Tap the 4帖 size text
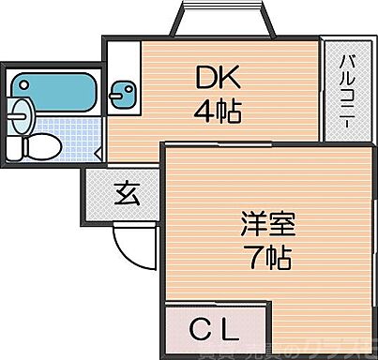(x=218, y=112)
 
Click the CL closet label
(x=214, y=330)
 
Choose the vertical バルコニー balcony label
(x=347, y=92)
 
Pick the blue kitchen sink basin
(x=121, y=94)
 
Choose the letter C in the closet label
(x=201, y=330)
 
